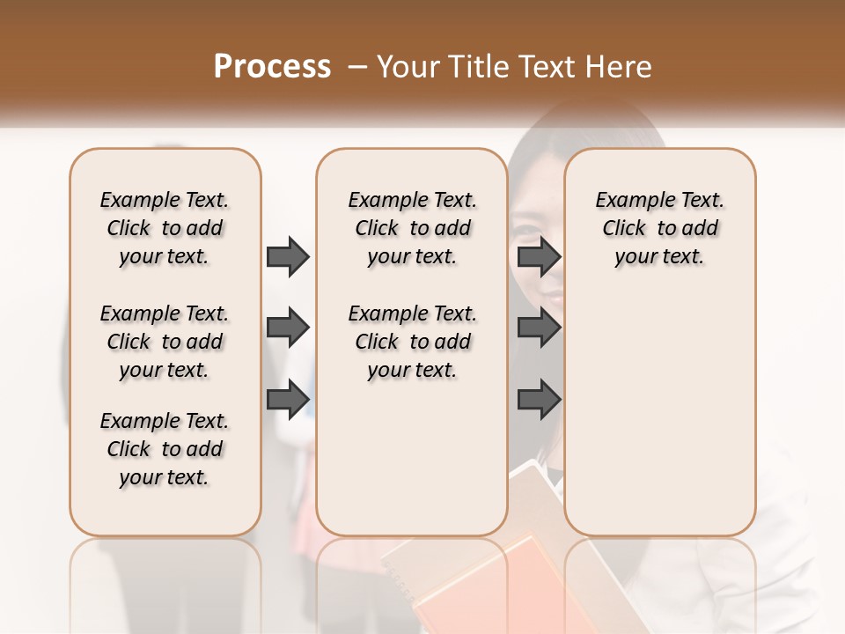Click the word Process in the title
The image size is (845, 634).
coord(272,67)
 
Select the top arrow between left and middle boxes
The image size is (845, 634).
coord(288,256)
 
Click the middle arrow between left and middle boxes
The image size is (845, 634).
coord(288,328)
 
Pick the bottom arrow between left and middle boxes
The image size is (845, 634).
coord(288,399)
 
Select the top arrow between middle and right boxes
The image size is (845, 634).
coord(539,256)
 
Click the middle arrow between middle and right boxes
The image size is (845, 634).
coord(539,328)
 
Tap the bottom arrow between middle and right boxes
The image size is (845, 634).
coord(539,399)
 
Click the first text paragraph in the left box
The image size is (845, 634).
coord(165,228)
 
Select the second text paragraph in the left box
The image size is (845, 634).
coord(165,342)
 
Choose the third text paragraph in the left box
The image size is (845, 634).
coord(165,449)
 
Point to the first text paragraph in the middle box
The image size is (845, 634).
coord(412,228)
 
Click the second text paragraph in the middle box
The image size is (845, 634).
coord(412,342)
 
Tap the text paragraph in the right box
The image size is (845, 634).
coord(659,228)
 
